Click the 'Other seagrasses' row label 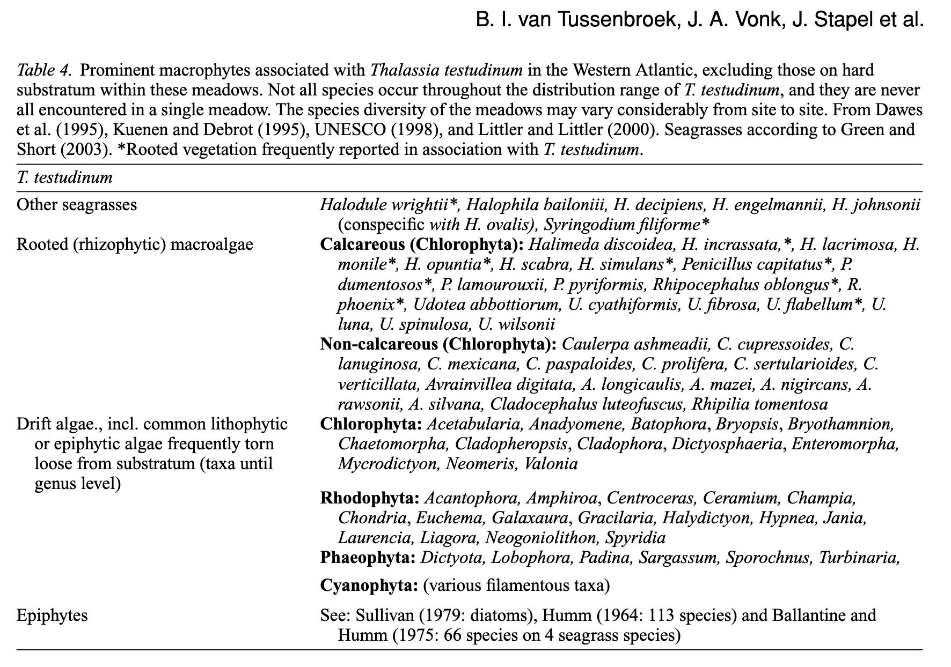click(x=77, y=205)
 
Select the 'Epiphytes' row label click(x=52, y=615)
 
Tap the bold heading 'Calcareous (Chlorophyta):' click(x=422, y=244)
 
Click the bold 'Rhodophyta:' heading click(x=370, y=498)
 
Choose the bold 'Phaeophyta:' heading click(x=368, y=558)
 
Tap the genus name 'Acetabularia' click(x=474, y=424)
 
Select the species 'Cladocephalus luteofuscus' click(x=588, y=404)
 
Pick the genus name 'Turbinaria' click(x=858, y=558)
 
